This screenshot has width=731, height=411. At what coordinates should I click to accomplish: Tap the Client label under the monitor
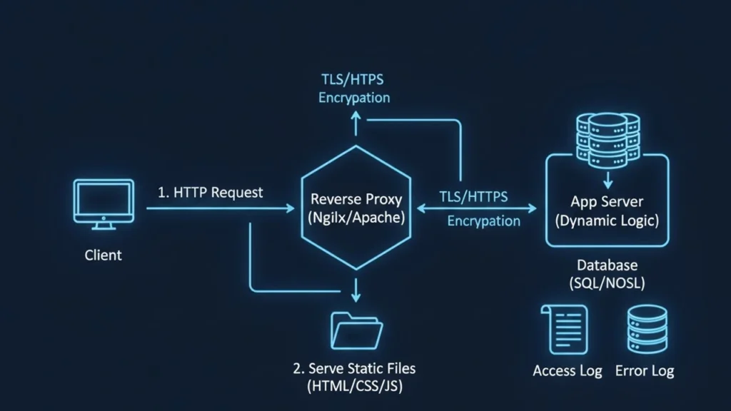pos(104,255)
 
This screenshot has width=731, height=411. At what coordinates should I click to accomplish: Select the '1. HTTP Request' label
pos(210,192)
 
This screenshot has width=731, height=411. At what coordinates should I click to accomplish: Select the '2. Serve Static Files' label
pos(354,369)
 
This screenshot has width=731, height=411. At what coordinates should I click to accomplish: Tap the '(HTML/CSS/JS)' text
pos(354,387)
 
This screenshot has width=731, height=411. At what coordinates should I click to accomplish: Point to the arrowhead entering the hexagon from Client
pos(290,208)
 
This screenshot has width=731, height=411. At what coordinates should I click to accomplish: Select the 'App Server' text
pos(607,201)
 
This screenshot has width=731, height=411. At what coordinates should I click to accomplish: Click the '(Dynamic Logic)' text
pos(607,220)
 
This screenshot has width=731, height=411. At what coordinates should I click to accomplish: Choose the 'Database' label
pos(607,265)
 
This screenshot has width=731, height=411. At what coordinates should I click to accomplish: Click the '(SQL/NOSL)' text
pos(607,283)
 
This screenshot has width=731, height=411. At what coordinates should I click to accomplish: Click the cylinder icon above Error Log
pos(646,329)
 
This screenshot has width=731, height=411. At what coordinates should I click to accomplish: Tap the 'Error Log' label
pos(645,371)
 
